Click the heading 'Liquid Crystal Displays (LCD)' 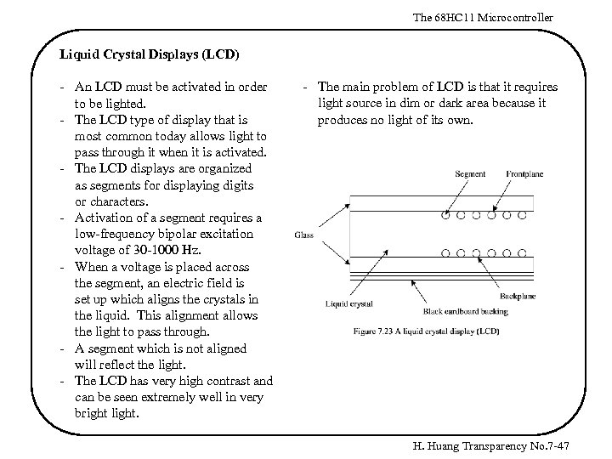(x=150, y=54)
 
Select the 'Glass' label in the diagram (x=305, y=235)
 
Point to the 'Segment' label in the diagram (x=470, y=174)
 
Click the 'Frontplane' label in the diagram (x=524, y=174)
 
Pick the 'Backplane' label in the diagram (x=517, y=296)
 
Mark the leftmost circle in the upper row (x=445, y=216)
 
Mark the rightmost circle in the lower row (x=523, y=252)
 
